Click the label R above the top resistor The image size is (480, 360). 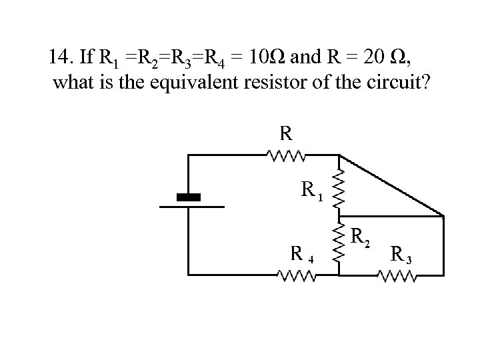point(285,133)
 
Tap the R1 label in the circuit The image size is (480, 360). point(311,191)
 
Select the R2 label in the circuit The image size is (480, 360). point(361,235)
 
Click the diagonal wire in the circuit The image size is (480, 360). point(391,186)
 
